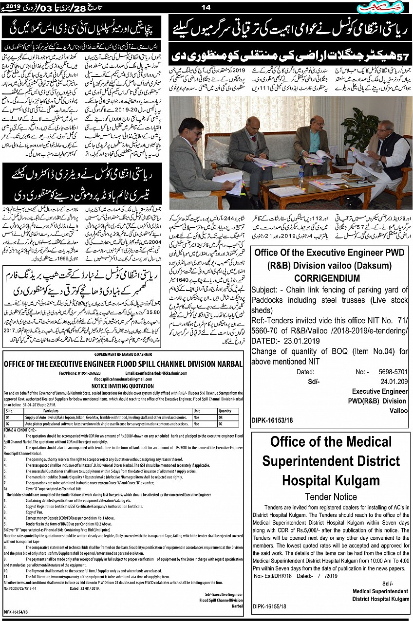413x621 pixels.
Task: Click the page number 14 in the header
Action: pos(206,7)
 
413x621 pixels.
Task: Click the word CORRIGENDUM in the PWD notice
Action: pos(327,278)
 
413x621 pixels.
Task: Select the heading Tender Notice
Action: pos(331,496)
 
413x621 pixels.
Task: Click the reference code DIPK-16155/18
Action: pos(269,607)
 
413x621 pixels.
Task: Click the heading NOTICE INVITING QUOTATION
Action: pos(123,383)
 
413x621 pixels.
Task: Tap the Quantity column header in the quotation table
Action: pos(225,411)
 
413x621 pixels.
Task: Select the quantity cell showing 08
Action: pos(221,417)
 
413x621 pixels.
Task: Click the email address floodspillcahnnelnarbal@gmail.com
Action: pos(123,378)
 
